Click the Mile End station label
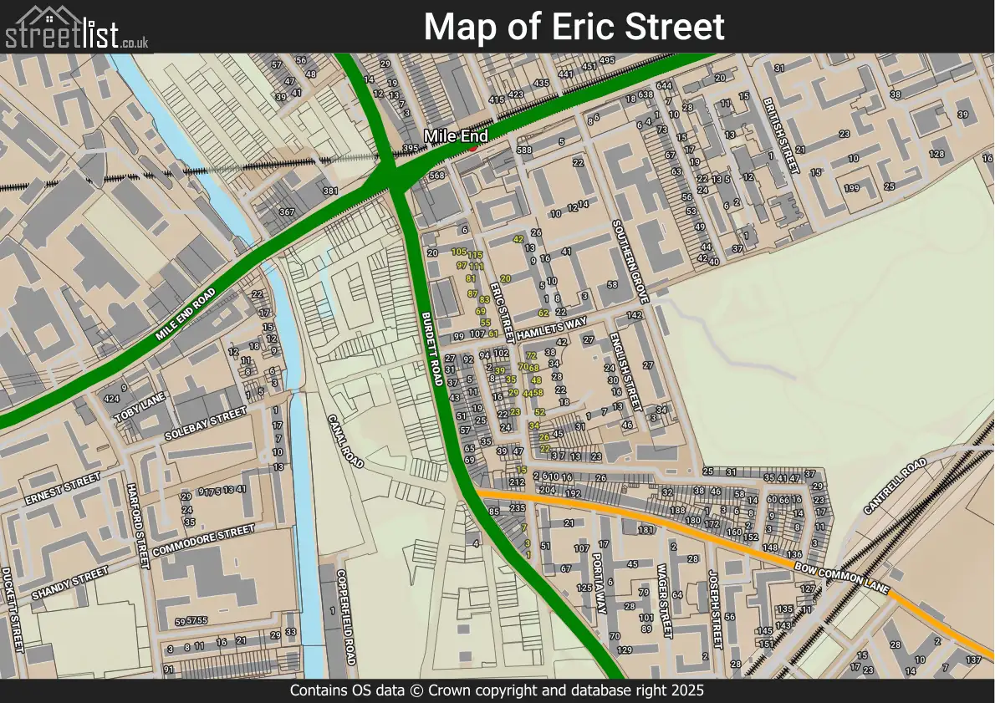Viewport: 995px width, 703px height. [456, 135]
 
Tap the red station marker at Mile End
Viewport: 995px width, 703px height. [472, 147]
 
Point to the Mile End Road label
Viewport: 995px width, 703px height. [186, 314]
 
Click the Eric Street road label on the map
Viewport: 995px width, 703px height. [500, 306]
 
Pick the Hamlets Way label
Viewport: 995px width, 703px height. [552, 328]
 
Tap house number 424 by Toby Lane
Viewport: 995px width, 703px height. [111, 399]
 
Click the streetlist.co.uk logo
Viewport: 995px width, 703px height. [78, 28]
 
